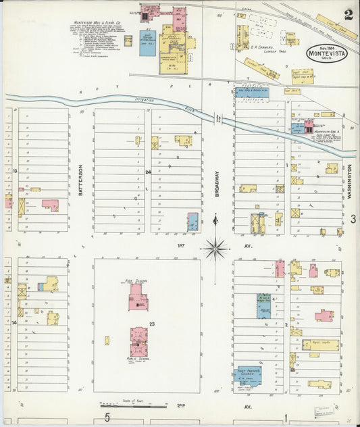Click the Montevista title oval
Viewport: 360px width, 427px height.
point(328,52)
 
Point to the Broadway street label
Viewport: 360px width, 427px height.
point(217,182)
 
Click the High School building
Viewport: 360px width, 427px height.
point(138,297)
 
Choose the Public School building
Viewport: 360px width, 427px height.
point(139,341)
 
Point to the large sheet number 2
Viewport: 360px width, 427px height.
point(348,15)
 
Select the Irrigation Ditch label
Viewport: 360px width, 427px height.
point(153,101)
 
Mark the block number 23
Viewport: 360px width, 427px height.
point(152,324)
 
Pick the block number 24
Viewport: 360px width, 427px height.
point(147,172)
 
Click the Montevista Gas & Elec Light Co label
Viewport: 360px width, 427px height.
point(326,135)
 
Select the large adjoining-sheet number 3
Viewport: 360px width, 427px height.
point(353,219)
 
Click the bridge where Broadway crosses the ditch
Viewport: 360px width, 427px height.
point(217,118)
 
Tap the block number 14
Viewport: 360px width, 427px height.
point(14,323)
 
